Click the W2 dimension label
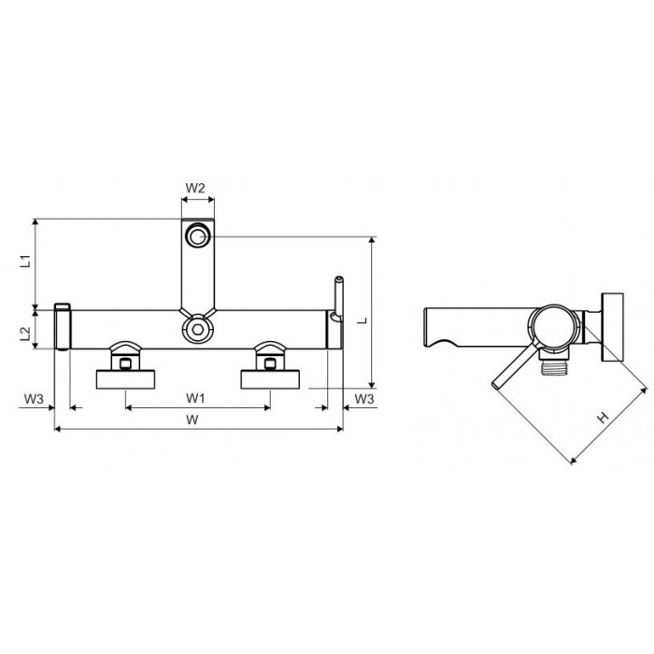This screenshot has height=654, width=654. [195, 188]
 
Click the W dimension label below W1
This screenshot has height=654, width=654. [193, 420]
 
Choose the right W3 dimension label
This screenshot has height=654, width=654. [364, 399]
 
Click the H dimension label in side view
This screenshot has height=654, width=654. [604, 417]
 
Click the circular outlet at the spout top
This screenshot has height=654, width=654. [197, 235]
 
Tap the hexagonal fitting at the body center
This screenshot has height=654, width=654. [196, 329]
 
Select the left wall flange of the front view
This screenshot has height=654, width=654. [128, 378]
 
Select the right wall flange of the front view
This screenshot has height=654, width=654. [271, 378]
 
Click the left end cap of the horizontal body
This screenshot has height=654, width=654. [63, 327]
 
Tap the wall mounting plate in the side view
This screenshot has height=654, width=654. [613, 326]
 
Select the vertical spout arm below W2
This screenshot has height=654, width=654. [196, 271]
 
